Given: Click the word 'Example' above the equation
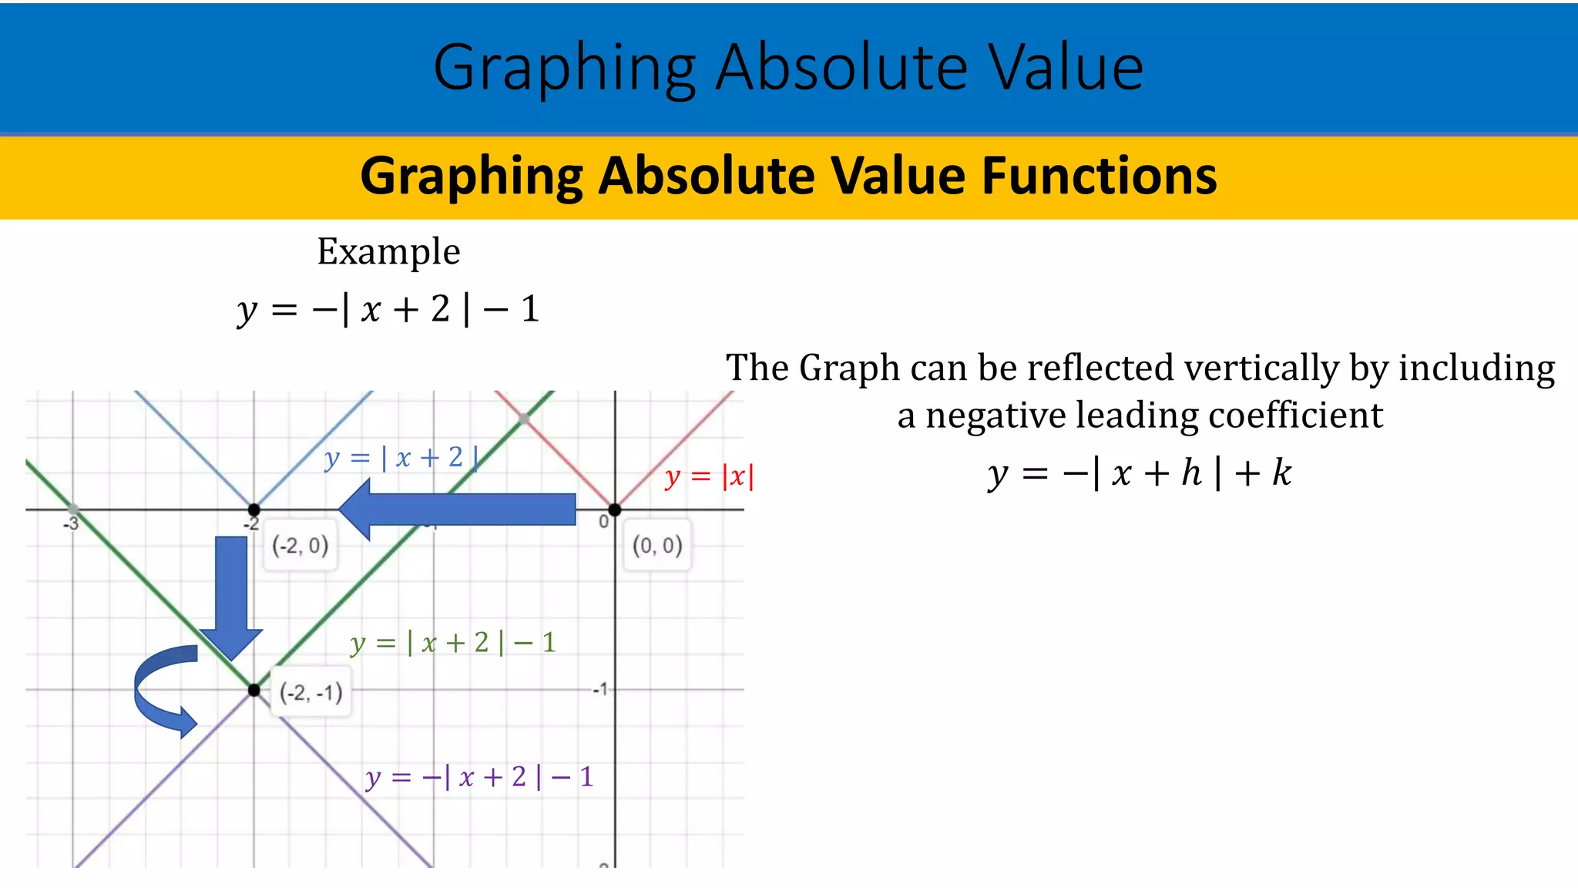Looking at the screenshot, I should [x=388, y=252].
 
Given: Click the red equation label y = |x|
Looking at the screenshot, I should [x=709, y=477].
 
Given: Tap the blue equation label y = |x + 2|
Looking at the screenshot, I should [x=401, y=458].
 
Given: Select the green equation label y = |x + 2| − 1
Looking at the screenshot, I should [x=453, y=643].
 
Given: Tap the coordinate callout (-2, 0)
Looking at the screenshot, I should [x=300, y=547].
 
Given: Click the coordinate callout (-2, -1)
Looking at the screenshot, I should [x=311, y=693].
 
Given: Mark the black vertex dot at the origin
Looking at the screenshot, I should [x=614, y=510].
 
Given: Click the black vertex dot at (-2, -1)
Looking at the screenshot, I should [x=253, y=690].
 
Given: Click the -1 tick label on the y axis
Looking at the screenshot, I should [x=600, y=689].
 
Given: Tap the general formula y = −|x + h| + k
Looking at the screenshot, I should [x=1140, y=473].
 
